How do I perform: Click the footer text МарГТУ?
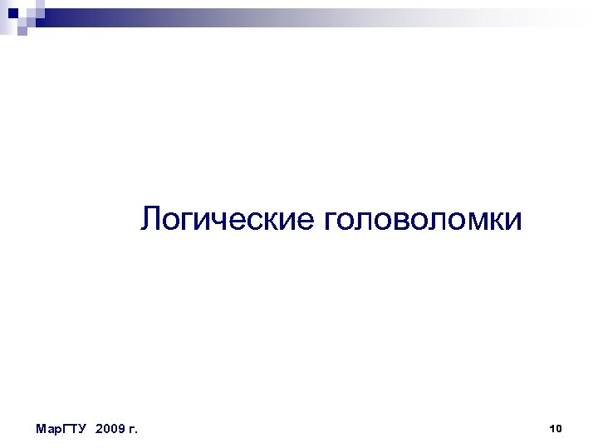[62, 429]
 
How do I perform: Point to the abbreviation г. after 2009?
[133, 429]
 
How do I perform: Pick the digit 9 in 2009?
[120, 429]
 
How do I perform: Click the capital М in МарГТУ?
[42, 429]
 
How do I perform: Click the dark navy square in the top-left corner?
[12, 12]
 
